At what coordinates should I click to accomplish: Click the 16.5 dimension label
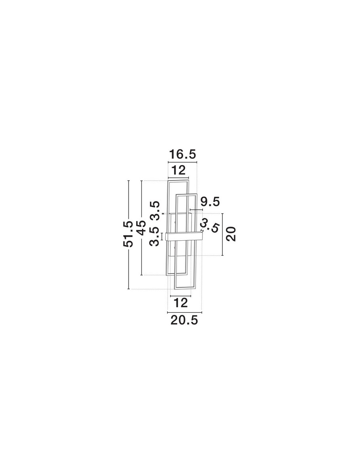[182, 154]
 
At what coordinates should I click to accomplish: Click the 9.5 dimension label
[210, 202]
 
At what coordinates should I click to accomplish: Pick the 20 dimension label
[231, 234]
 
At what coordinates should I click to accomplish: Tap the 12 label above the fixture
[178, 170]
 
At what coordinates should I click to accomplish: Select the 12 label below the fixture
[180, 303]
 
